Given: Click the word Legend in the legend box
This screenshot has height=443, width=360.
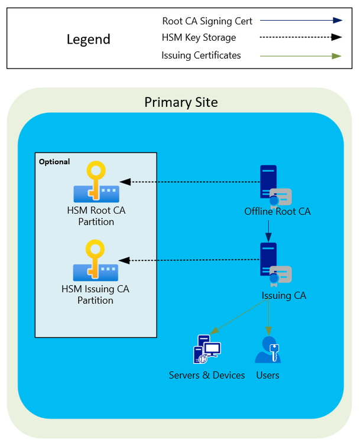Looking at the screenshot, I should click(x=88, y=40).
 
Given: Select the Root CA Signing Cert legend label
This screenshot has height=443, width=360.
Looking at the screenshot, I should click(x=207, y=21).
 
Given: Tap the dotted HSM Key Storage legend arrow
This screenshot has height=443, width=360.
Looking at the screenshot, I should click(x=301, y=37).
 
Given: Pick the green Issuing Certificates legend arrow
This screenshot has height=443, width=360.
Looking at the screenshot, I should click(x=301, y=56).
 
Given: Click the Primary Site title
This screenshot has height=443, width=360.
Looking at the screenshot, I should click(x=181, y=102).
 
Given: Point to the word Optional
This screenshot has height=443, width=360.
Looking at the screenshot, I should click(x=54, y=162).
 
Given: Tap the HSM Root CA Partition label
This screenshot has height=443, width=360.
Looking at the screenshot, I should click(x=96, y=216).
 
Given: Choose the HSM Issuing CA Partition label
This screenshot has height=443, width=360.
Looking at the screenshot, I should click(x=95, y=295).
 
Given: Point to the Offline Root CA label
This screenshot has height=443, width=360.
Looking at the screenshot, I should click(x=277, y=211).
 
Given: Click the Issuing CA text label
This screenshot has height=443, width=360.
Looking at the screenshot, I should click(x=284, y=295).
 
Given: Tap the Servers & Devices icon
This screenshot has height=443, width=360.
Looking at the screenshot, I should click(x=206, y=349).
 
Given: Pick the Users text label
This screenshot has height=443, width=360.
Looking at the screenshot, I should click(x=268, y=375).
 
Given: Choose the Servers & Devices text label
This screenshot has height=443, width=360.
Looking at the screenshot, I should click(x=207, y=375).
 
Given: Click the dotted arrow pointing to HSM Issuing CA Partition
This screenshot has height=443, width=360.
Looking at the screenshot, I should click(x=189, y=260).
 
